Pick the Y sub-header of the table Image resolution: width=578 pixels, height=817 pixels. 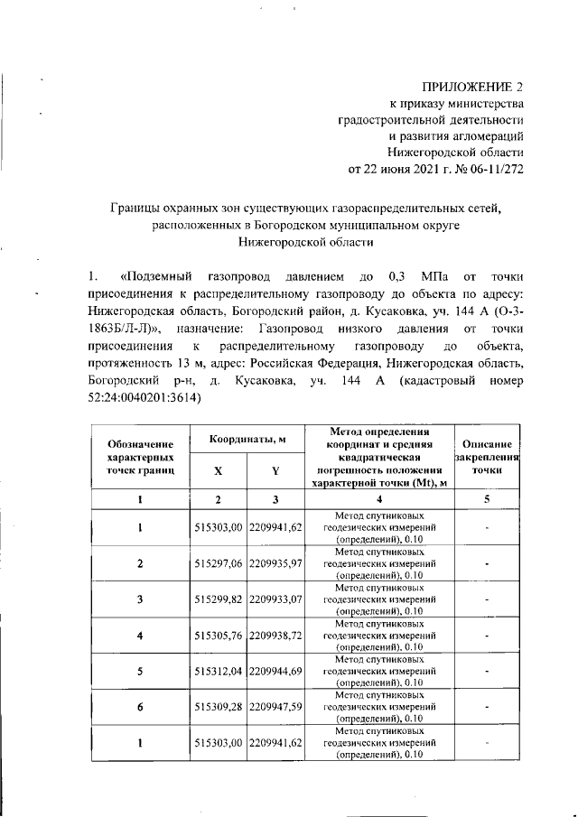[275, 470]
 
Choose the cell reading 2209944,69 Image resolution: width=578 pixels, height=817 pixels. [275, 671]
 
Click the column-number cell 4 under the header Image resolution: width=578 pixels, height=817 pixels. [378, 499]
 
